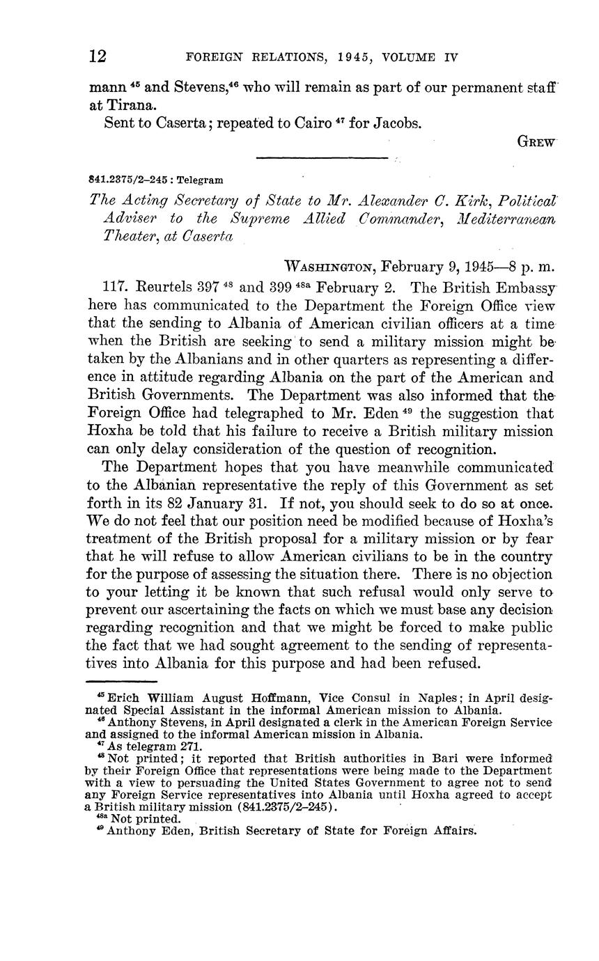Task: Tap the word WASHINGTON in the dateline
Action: point(332,267)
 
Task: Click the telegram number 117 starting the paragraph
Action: point(114,287)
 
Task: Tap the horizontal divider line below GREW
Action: point(321,159)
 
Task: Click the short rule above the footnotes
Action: point(121,681)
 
